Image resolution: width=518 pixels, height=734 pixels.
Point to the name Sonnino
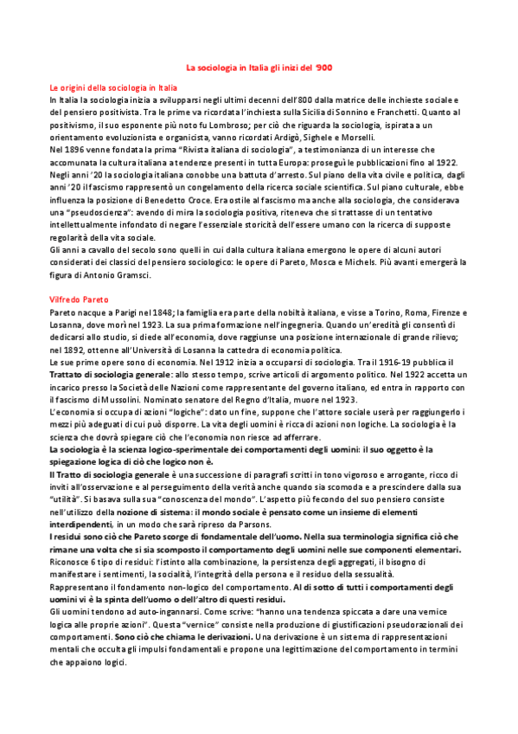(349, 113)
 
